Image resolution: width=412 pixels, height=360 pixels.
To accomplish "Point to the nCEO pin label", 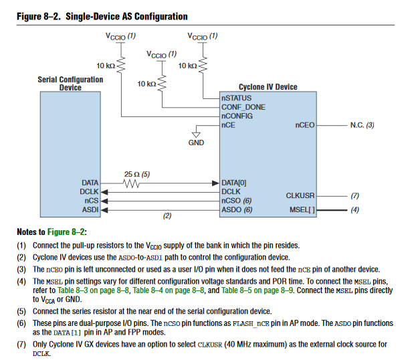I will tap(304, 124).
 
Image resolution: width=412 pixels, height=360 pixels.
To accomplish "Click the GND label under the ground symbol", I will tap(196, 143).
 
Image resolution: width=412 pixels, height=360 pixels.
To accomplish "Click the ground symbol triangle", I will tap(195, 131).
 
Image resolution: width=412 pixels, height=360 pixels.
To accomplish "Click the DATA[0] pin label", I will tap(234, 182).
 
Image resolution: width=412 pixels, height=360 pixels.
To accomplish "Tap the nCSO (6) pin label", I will tap(237, 200).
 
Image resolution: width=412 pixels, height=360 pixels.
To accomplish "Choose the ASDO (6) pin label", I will tap(237, 209).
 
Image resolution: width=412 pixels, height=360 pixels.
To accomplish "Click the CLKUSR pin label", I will tap(300, 196).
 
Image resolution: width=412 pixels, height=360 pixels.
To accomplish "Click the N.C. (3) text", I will tap(361, 124).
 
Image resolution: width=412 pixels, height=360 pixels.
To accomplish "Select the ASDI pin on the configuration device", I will tap(90, 209).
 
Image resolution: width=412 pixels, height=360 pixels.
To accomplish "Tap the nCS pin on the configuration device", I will tap(92, 200).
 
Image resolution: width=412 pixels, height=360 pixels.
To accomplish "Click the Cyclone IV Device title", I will tap(268, 87).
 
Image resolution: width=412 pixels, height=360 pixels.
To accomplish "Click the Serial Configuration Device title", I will tap(71, 83).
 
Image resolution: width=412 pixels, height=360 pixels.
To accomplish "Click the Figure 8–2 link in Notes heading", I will tap(66, 232).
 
